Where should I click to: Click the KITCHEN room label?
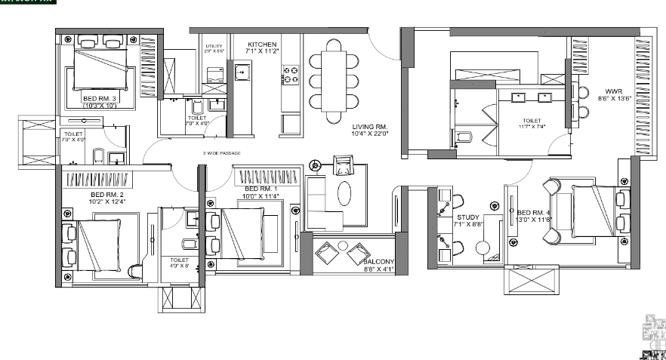[x=263, y=45]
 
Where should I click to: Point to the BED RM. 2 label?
[x=83, y=195]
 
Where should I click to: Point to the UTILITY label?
[x=214, y=46]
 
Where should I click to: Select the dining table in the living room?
[x=335, y=78]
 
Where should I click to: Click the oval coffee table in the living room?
[x=344, y=192]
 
